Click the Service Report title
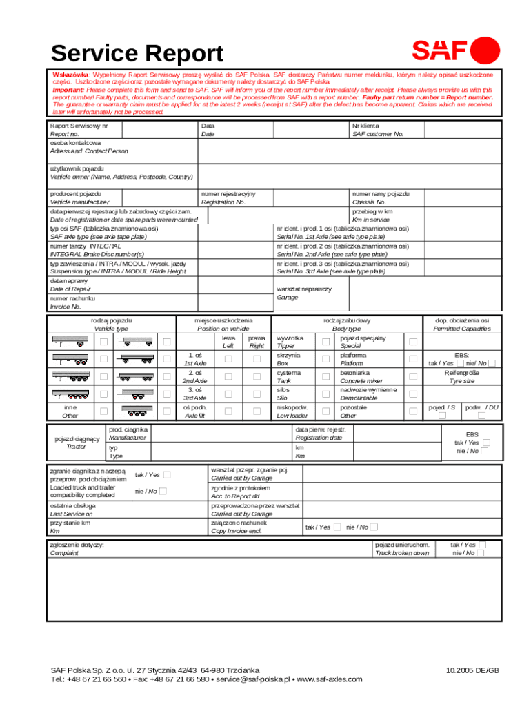point(137,53)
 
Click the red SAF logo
point(456,50)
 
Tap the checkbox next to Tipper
point(325,342)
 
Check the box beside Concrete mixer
point(413,376)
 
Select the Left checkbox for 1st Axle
point(228,359)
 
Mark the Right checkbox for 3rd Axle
point(257,394)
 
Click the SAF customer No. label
point(377,134)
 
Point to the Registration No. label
point(223,202)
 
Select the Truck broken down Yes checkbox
point(481,545)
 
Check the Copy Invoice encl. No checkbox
point(374,527)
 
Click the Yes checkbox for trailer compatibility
point(167,474)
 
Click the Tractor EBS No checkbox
point(484,451)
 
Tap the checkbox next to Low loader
point(325,411)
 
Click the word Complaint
point(64,553)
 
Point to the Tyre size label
point(461,380)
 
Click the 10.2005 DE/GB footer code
point(472,670)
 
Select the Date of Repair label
point(70,289)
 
